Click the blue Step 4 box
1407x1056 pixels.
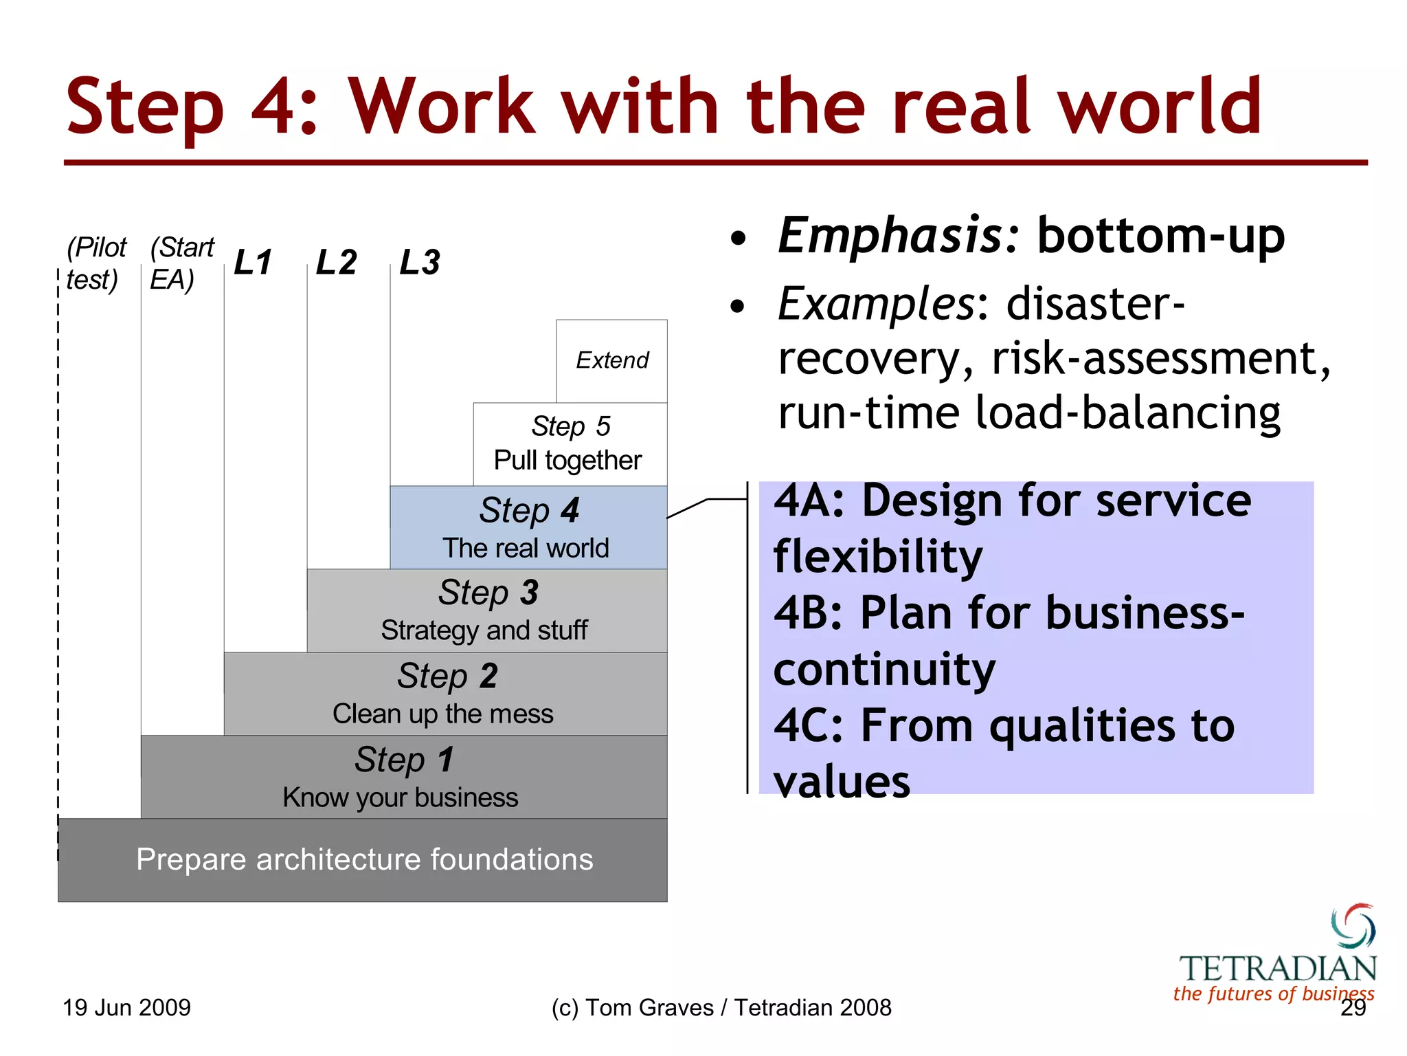528,527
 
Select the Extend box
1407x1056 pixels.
611,360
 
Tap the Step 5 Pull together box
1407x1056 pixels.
570,444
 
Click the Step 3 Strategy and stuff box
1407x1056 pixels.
486,610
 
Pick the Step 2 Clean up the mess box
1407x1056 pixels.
445,694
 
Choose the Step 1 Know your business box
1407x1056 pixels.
403,777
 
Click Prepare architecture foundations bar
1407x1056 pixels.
363,859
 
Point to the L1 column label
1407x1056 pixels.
253,263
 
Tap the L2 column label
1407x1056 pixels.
336,263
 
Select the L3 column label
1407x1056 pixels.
420,263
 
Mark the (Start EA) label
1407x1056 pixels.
181,263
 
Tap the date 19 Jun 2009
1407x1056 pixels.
126,1008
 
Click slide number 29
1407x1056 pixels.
1353,1008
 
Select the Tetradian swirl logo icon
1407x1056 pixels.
1353,926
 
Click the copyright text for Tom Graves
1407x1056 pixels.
721,1008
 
